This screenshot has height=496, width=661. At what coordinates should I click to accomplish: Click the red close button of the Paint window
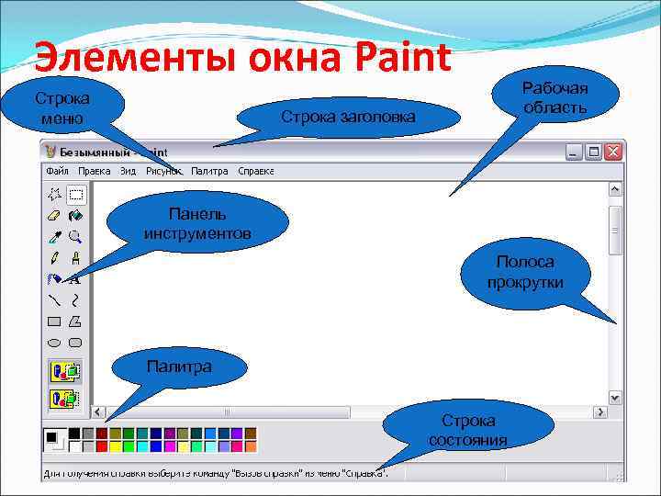point(614,151)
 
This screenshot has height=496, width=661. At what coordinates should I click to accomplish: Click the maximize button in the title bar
point(594,151)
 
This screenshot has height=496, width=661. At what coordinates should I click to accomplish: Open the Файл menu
point(57,171)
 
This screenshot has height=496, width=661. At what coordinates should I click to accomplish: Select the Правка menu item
point(94,171)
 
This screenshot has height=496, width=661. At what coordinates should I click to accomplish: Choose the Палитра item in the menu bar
point(209,171)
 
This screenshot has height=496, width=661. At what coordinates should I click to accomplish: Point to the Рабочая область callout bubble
point(555,97)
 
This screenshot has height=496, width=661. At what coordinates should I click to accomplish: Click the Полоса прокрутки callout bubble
point(525,273)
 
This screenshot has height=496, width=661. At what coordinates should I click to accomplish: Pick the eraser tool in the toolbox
point(54,215)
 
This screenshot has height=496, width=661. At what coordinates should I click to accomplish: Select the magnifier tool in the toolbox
point(75,236)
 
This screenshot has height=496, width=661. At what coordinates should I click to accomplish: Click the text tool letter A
point(75,278)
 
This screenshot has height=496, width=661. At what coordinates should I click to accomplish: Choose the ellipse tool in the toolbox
point(54,342)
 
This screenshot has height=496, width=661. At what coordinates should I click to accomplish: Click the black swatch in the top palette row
point(73,433)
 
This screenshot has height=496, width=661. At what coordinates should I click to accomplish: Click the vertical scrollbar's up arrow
point(615,189)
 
